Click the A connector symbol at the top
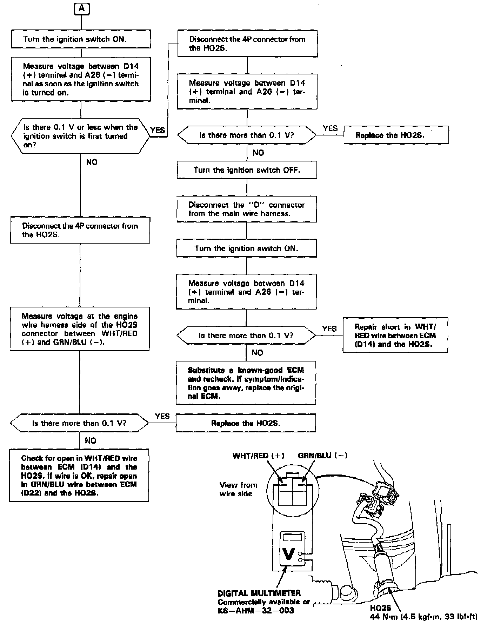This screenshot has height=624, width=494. coord(82,8)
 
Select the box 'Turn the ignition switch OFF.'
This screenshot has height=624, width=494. coord(247,170)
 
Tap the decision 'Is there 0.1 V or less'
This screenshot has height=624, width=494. coord(81,136)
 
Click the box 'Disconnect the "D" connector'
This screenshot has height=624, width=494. coord(247,209)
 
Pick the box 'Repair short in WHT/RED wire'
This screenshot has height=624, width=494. coord(395,335)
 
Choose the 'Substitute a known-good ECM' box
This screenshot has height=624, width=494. coord(246,383)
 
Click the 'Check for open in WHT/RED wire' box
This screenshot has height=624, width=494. coord(79,475)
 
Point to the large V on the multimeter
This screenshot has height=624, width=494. coord(288,554)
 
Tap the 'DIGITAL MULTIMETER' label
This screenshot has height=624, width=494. coord(259,593)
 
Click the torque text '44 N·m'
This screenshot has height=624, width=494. coord(423,616)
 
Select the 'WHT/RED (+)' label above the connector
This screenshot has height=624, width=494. coord(258,456)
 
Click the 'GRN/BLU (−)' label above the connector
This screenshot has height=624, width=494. coord(322,456)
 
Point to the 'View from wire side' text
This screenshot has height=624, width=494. coord(238,489)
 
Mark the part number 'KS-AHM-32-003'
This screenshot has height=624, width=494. coord(256,610)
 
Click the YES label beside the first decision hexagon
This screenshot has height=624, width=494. coord(158,130)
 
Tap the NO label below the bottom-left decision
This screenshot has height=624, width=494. coord(91,440)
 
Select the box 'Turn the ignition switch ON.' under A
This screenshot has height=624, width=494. coord(81,39)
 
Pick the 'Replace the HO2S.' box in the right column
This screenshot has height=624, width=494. coord(396,135)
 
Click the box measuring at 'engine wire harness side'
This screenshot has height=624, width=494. coord(80,329)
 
